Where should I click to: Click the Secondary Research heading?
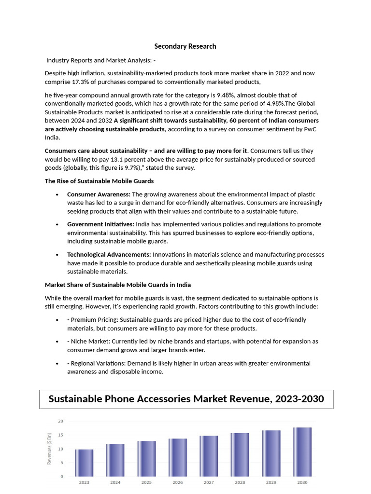pos(185,46)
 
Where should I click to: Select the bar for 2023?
pos(84,463)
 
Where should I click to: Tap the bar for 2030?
pos(302,452)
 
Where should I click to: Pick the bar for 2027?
pos(209,456)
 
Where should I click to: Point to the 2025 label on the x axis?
pos(146,482)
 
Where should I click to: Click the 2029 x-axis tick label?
pos(271,482)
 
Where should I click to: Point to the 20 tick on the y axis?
pos(60,421)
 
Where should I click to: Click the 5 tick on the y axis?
pos(62,463)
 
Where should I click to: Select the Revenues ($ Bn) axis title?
pos(49,449)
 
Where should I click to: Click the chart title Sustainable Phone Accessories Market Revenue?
pos(186,399)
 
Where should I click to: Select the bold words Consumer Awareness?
pos(99,194)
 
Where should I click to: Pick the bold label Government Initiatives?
pos(100,224)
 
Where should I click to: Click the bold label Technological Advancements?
pos(109,254)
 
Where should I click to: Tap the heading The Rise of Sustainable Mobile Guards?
pos(99,181)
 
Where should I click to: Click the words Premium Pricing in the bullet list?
pos(94,320)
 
